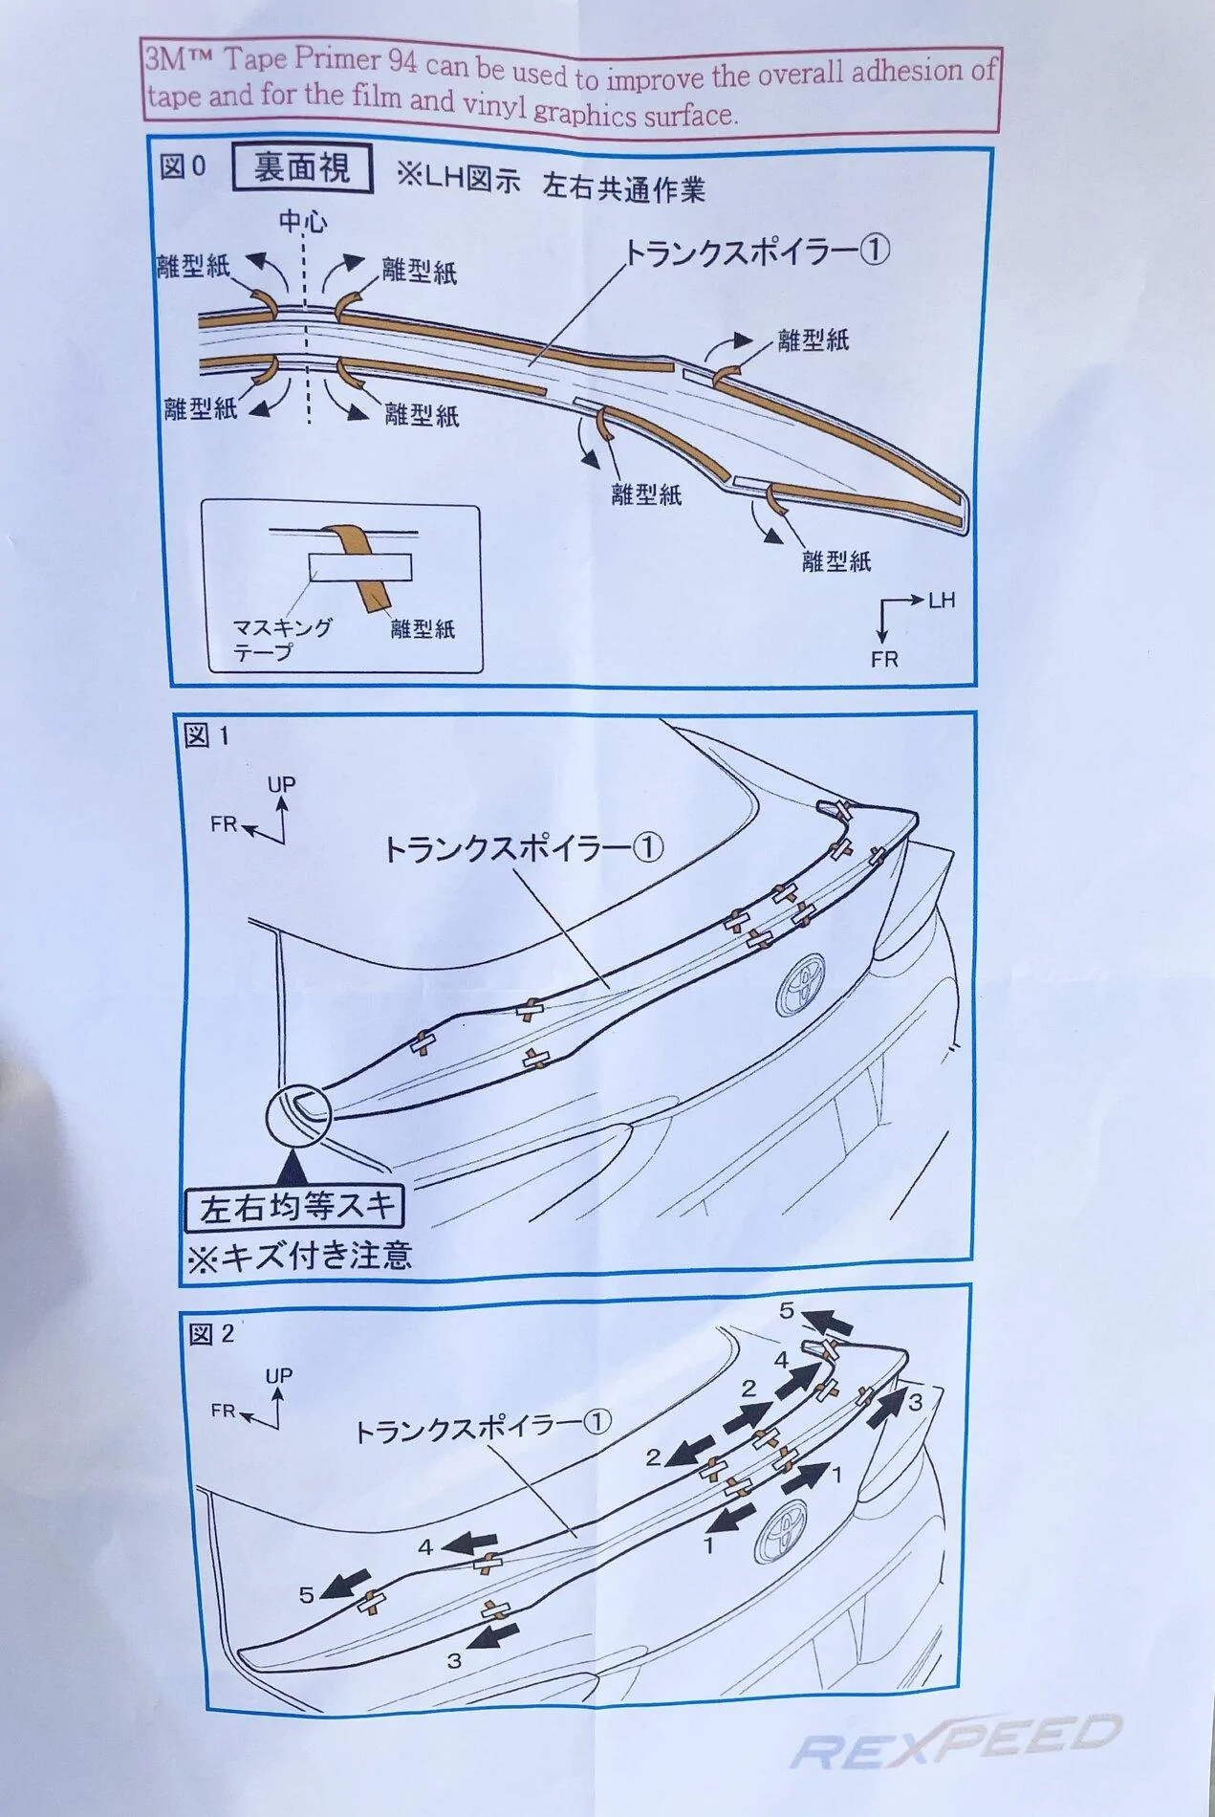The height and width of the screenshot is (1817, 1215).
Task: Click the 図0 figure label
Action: tap(183, 166)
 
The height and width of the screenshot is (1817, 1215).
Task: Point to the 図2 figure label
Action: tap(211, 1333)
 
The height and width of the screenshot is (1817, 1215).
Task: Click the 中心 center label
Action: tap(302, 223)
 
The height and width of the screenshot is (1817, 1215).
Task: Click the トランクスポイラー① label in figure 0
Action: tap(757, 253)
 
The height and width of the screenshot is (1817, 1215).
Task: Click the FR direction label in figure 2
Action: tap(224, 1412)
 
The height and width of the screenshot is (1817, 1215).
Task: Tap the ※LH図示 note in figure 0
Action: tap(458, 180)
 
